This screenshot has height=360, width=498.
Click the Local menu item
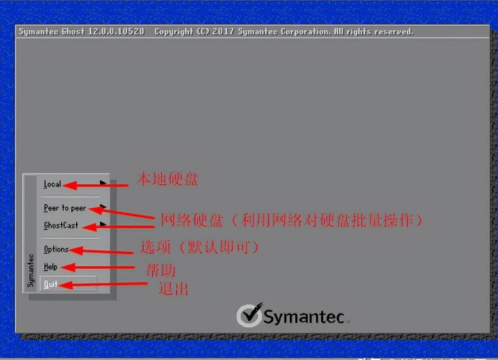52,184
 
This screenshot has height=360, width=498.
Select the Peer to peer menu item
65,208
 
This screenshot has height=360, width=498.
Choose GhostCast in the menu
61,225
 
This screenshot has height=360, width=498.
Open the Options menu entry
56,250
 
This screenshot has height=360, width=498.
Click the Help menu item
50,267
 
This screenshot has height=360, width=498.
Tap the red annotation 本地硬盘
167,179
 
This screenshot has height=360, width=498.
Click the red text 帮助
161,270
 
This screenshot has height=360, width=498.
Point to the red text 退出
173,289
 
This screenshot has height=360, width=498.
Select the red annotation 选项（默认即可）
200,247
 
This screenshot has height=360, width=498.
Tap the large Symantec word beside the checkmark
304,317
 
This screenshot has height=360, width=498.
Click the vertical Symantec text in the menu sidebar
31,270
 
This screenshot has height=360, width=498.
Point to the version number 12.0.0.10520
116,31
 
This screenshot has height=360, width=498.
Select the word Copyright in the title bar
173,32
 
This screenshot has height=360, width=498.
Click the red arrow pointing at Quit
103,284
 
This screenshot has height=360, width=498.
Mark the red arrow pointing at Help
98,267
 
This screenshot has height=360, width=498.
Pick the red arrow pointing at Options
101,251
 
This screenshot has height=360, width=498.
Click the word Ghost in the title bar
73,31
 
